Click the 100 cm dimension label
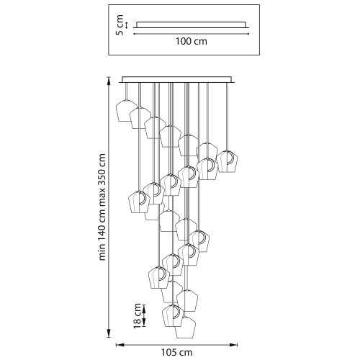click(192, 41)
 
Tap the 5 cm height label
click(120, 25)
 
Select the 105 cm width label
click(176, 352)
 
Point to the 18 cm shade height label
click(138, 316)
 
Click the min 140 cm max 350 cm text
click(102, 207)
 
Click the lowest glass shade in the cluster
click(185, 328)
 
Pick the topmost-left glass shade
click(127, 111)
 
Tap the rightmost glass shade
click(227, 161)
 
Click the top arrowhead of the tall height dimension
click(109, 81)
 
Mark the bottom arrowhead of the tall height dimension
click(109, 333)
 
